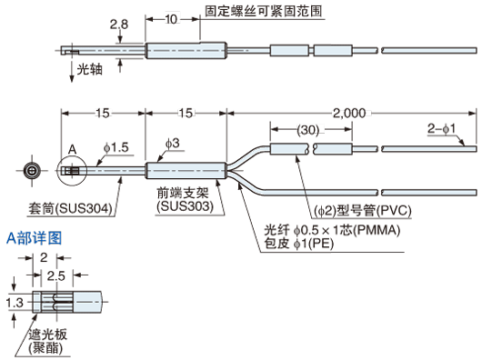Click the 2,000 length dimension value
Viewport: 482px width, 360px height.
349,113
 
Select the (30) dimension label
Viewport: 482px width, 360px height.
308,130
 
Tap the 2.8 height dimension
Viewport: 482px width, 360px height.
119,25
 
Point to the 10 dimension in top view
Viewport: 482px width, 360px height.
172,19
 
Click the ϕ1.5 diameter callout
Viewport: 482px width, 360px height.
116,148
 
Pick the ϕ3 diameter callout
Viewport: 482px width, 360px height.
173,143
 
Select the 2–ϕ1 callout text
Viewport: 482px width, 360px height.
441,128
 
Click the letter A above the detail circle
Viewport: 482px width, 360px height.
72,150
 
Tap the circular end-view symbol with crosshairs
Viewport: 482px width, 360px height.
32,171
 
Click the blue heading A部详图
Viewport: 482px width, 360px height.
35,238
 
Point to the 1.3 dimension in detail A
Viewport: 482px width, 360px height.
15,303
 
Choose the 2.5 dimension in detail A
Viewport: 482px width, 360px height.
56,276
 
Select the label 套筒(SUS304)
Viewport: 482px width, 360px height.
70,208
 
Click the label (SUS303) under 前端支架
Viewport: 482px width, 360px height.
185,206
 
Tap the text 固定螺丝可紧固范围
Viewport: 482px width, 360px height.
264,12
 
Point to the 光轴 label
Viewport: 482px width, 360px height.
89,69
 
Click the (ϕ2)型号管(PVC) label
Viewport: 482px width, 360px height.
363,211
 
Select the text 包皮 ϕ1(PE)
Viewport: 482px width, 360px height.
299,243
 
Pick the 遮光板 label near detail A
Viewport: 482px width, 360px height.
47,335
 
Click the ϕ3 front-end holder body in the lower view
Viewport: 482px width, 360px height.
186,171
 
